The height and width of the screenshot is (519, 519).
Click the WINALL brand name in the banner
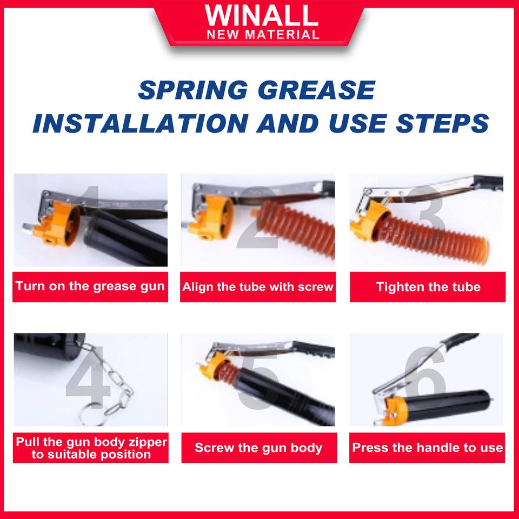click(262, 16)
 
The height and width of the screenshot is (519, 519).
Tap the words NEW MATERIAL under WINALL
click(263, 35)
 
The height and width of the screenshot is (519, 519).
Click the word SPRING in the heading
click(193, 90)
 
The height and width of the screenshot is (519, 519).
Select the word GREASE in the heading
click(316, 90)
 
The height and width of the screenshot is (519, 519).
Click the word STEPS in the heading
click(442, 123)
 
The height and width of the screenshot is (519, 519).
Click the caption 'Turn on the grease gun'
click(90, 287)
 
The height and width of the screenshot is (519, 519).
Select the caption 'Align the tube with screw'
click(258, 287)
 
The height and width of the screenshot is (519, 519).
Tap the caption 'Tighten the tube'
click(428, 287)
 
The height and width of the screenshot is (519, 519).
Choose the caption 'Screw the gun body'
click(258, 448)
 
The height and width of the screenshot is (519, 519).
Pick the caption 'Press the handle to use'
click(427, 448)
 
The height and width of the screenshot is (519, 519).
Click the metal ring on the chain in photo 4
click(91, 414)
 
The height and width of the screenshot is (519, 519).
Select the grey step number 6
click(425, 375)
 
